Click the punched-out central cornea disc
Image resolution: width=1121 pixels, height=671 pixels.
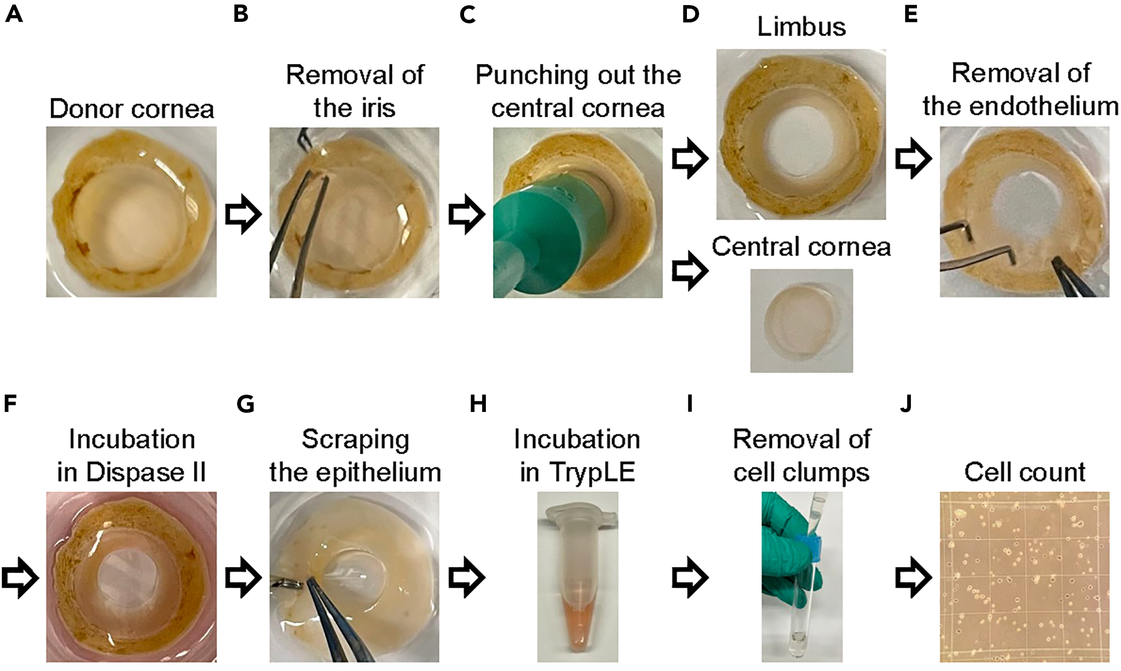[801, 319]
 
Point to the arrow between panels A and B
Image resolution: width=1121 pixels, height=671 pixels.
[243, 214]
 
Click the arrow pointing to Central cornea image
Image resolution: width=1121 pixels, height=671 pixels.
[690, 270]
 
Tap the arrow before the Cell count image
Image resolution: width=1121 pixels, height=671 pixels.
[913, 578]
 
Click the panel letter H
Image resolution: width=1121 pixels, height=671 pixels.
[478, 404]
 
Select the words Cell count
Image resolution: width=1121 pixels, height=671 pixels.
[1025, 472]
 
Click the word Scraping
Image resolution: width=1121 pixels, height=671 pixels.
[355, 440]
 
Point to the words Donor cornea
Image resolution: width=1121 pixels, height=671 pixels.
[131, 109]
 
